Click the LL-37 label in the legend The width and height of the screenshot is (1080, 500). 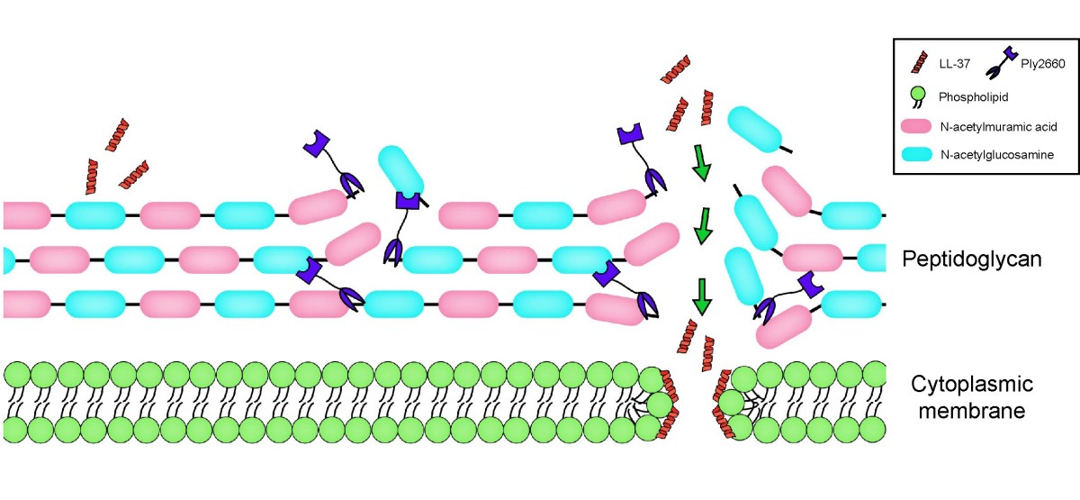[954, 64]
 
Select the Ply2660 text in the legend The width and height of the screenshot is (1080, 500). [1042, 64]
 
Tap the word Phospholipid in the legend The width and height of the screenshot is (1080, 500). [973, 97]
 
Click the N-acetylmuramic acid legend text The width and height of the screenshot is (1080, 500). [998, 127]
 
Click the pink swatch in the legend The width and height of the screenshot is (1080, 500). [916, 126]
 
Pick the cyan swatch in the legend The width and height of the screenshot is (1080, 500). [916, 154]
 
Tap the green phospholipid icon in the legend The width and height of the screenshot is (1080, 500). [917, 97]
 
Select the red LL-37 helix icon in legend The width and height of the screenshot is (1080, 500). [919, 62]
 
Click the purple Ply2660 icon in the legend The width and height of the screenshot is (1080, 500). [998, 63]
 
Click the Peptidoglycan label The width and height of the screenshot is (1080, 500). [971, 259]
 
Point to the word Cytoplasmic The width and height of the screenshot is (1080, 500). [972, 385]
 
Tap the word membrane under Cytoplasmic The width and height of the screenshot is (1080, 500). [972, 411]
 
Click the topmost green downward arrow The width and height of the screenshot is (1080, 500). [701, 163]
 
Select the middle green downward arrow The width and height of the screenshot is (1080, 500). [704, 226]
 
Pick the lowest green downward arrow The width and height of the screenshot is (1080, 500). [701, 296]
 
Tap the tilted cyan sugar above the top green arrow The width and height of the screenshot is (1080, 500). [755, 130]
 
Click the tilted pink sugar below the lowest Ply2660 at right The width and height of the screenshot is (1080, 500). [784, 327]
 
